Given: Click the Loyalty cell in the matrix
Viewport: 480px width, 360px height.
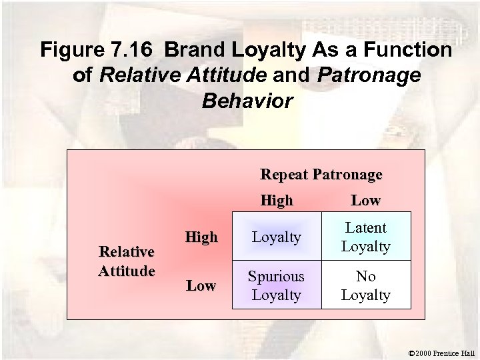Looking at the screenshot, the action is [x=276, y=237].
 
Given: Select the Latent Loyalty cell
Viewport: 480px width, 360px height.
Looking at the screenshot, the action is [x=365, y=237].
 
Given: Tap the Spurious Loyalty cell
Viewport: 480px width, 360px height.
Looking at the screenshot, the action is [x=276, y=285].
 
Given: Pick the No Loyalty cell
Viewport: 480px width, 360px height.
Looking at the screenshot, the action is [x=365, y=285].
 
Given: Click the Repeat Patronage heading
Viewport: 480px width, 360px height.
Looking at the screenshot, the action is [x=321, y=175].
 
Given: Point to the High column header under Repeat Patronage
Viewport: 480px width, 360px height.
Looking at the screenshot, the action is [x=277, y=200].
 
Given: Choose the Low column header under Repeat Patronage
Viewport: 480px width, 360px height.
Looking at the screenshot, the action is [x=365, y=200].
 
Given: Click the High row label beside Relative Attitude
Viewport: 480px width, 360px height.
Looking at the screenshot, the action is [x=201, y=237].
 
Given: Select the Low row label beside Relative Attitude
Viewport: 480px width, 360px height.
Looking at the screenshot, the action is [x=201, y=285].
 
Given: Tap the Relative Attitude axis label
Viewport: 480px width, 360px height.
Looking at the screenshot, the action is [x=126, y=261].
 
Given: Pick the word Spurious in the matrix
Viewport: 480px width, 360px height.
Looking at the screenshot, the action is [x=276, y=276].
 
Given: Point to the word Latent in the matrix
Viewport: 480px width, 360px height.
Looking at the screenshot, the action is [x=365, y=228].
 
